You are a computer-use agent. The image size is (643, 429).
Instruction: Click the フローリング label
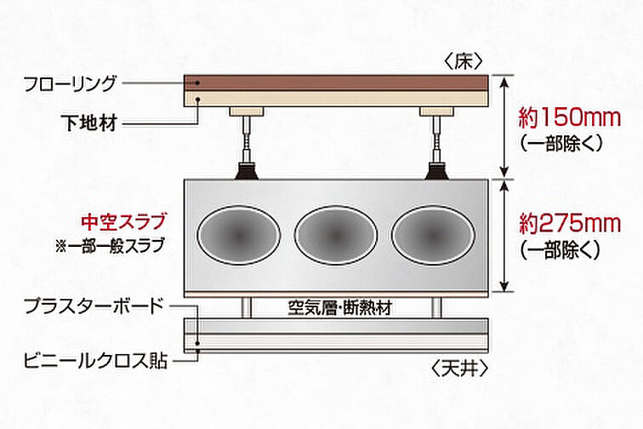click(x=71, y=83)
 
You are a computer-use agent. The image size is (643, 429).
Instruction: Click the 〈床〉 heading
click(x=463, y=61)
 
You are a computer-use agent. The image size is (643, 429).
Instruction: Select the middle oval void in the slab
click(x=336, y=234)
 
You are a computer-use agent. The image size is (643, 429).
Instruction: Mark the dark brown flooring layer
click(x=336, y=83)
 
